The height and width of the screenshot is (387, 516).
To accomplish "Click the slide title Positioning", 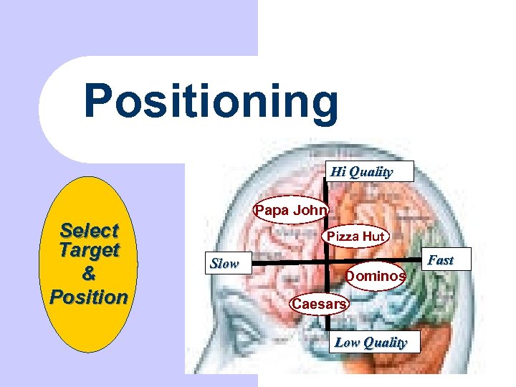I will [x=210, y=102].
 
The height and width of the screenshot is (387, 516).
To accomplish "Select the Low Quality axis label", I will [x=371, y=343].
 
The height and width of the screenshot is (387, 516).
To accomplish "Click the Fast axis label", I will [x=440, y=260].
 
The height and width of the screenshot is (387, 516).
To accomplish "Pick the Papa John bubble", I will [x=291, y=211].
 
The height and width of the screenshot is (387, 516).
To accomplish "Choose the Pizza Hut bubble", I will [x=355, y=236].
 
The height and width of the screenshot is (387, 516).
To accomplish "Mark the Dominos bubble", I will [x=376, y=276].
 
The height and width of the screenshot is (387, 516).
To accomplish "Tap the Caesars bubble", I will [x=318, y=304].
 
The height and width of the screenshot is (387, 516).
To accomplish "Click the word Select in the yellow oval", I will [x=90, y=231].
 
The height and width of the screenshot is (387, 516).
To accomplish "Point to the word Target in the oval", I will [x=90, y=251].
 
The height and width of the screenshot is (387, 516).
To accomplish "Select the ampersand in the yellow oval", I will [x=89, y=273].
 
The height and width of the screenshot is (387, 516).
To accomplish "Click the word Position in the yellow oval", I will [x=89, y=296].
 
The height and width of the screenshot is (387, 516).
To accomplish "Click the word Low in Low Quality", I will [x=348, y=343].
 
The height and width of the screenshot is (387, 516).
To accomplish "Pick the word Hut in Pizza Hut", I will [x=373, y=236].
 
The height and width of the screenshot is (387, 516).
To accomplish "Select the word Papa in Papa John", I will [x=269, y=211].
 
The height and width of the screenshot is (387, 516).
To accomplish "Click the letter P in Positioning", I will [x=99, y=102].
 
